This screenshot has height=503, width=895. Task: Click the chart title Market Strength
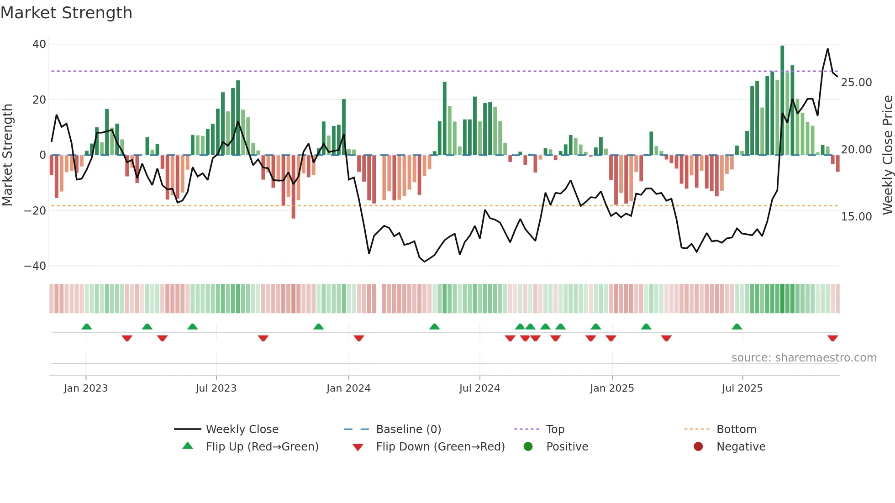pos(66,13)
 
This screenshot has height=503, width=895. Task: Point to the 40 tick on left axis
pos(39,44)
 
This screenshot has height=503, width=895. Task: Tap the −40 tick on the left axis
pos(35,266)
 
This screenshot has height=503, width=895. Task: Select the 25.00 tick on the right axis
pos(856,83)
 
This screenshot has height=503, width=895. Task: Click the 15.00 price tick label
pos(856,217)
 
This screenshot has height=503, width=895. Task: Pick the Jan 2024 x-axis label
pos(348,388)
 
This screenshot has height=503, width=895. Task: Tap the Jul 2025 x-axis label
pos(742,388)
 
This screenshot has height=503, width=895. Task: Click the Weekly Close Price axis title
pos(887,155)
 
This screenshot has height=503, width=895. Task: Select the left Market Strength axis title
pos(8,155)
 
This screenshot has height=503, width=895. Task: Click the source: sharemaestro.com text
pos(804,358)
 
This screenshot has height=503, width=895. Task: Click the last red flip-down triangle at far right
pos(832,338)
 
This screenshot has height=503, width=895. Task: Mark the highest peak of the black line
pos(827,49)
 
